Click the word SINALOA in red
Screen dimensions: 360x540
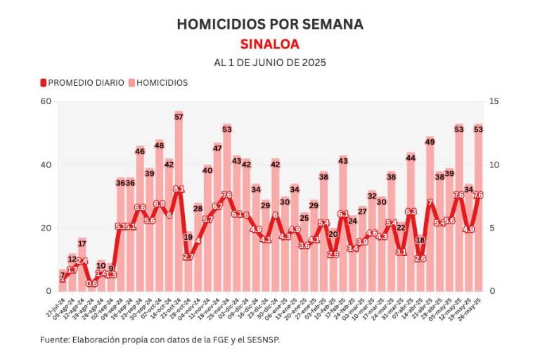coord(270,44)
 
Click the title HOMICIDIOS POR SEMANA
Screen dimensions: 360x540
coord(270,24)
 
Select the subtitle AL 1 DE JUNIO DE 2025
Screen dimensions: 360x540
coord(270,63)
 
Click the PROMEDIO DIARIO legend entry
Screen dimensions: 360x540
coord(81,82)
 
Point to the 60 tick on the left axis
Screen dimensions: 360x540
coord(47,101)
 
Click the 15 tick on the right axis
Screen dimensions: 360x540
coord(494,101)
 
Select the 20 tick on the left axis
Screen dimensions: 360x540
coord(47,228)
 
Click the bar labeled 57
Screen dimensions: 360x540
coord(179,211)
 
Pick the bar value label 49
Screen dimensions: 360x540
coord(430,142)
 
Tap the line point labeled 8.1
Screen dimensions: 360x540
coord(179,189)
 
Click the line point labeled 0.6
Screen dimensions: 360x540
coord(91,283)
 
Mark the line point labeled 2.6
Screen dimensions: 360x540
coord(420,259)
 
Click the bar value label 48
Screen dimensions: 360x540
coord(160,146)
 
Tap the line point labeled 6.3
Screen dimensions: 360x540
coord(411,212)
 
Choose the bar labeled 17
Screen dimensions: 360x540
coord(82,267)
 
